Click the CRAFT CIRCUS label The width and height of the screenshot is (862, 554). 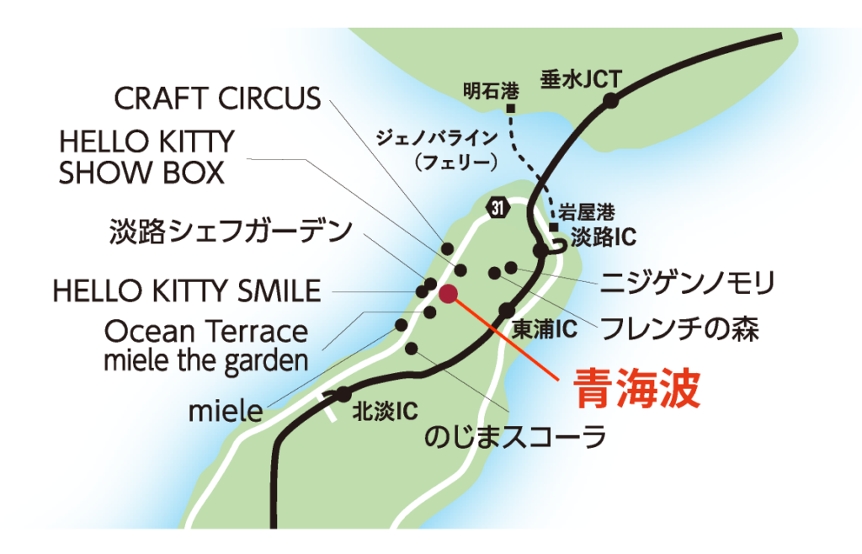(217, 99)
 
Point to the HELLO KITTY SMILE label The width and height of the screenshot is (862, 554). (186, 291)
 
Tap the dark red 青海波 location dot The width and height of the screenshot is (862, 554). (448, 293)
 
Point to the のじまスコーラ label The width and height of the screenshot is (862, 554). (516, 437)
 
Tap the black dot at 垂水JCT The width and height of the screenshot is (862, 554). (610, 100)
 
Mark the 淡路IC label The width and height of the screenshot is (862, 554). (603, 237)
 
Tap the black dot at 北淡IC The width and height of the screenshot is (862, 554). (343, 394)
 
